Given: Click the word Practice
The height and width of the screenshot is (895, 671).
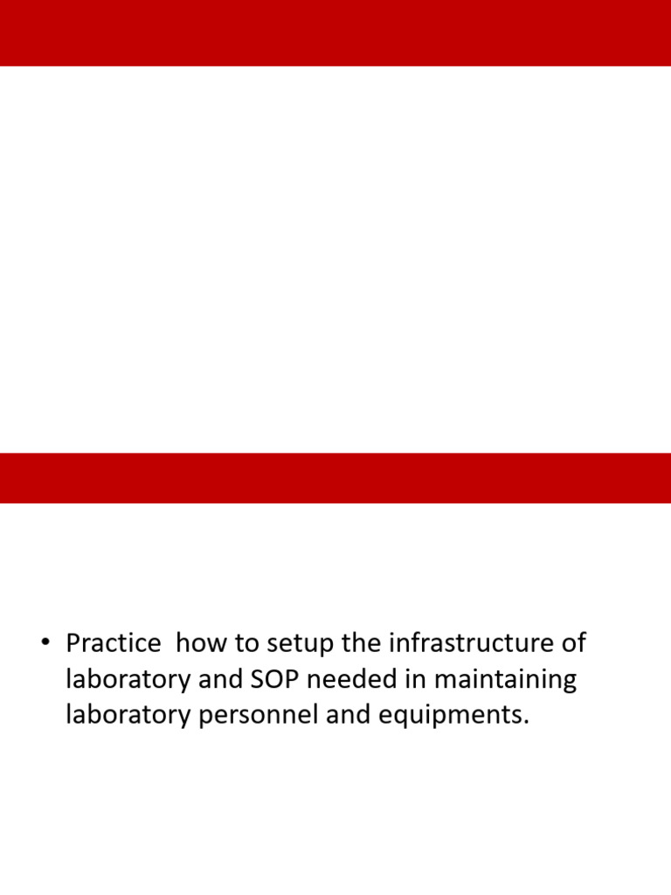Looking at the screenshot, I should click(x=114, y=644).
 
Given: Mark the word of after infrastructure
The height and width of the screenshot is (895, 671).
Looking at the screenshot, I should click(x=573, y=644).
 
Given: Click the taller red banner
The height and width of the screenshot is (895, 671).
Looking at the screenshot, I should click(x=335, y=32).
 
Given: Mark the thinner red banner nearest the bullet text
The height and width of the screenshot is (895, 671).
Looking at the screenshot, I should click(x=335, y=477).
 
